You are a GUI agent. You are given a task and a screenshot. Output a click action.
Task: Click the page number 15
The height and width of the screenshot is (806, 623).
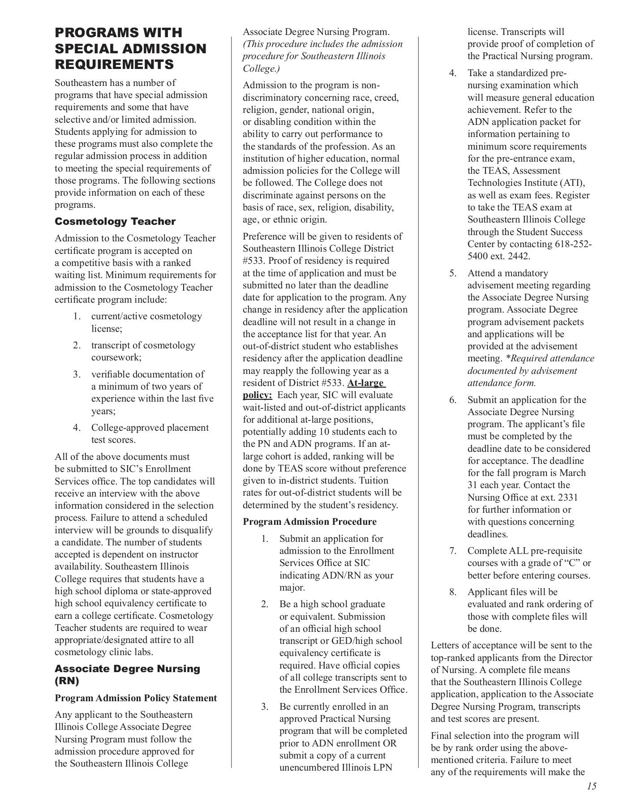592,786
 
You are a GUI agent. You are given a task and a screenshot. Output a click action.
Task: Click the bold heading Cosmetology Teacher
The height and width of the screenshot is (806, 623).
115,222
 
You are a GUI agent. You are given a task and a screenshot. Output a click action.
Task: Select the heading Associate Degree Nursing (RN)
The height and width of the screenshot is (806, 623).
127,675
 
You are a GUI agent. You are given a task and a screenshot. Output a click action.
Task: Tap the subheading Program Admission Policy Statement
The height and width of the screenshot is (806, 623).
136,698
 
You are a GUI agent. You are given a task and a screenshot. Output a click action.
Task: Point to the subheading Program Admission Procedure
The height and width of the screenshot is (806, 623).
309,522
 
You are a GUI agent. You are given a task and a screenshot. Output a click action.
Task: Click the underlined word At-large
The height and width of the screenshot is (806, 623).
365,383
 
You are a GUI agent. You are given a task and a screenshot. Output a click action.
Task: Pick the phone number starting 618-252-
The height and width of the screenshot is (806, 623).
573,244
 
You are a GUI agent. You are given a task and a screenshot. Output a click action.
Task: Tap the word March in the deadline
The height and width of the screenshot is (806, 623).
573,473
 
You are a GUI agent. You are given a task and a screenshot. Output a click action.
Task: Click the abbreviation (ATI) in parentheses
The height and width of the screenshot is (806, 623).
571,183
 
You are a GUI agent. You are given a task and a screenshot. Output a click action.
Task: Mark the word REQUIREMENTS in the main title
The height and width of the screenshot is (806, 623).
114,64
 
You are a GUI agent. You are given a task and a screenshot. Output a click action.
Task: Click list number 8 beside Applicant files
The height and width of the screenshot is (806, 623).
453,592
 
